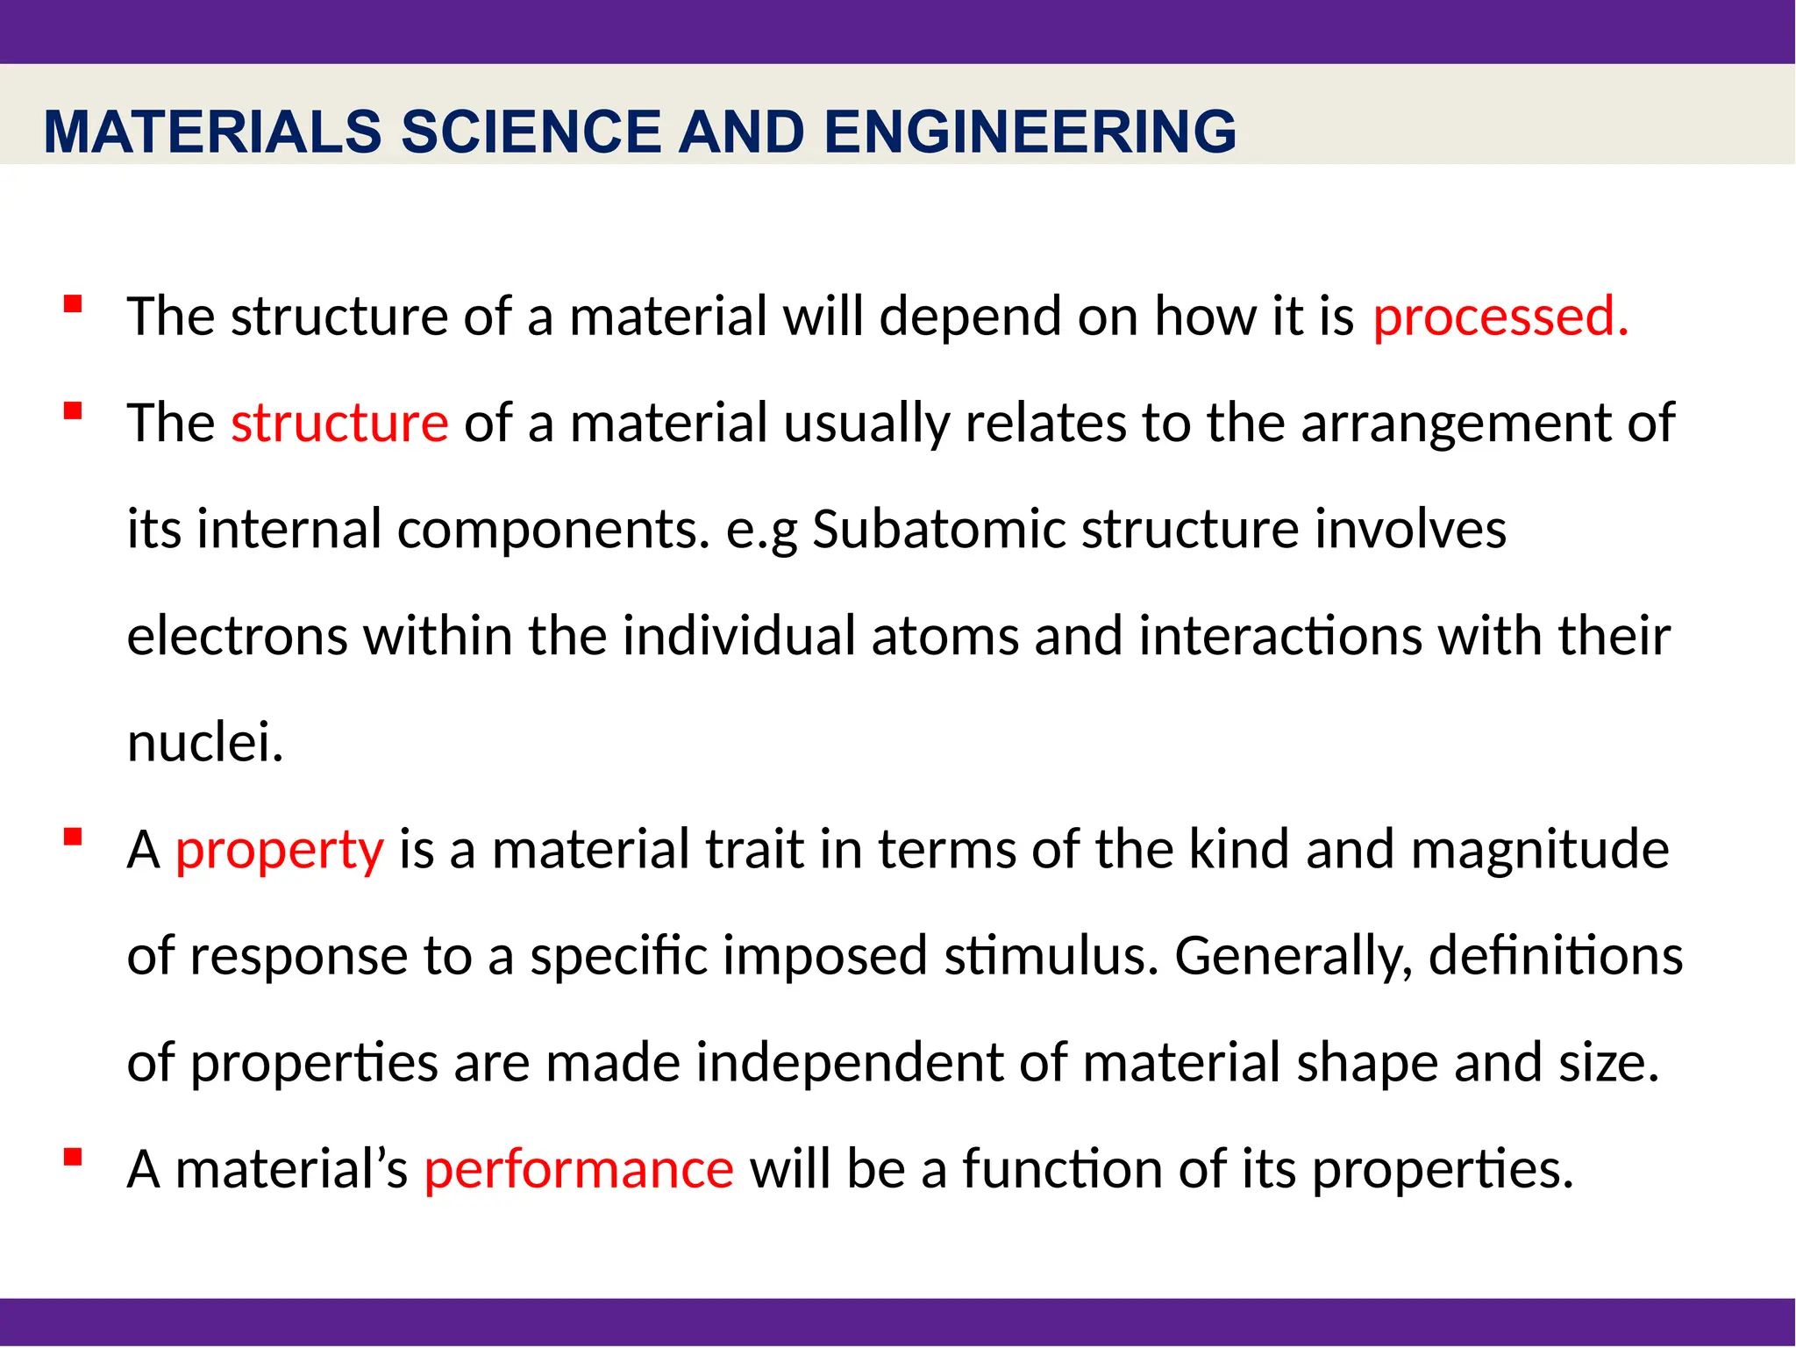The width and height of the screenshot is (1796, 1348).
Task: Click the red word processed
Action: coord(1500,317)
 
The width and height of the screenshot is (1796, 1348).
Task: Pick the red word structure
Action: coord(339,424)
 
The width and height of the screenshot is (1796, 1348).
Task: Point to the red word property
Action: coord(279,850)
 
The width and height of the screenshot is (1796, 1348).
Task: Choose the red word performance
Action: coord(579,1170)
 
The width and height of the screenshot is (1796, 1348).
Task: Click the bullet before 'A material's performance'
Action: coord(73,1158)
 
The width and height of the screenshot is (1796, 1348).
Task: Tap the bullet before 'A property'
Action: coord(73,838)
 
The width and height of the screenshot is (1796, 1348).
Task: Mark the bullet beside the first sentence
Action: coord(73,304)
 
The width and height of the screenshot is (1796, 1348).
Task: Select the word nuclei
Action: coord(205,743)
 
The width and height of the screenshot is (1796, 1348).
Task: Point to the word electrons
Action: coord(237,637)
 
